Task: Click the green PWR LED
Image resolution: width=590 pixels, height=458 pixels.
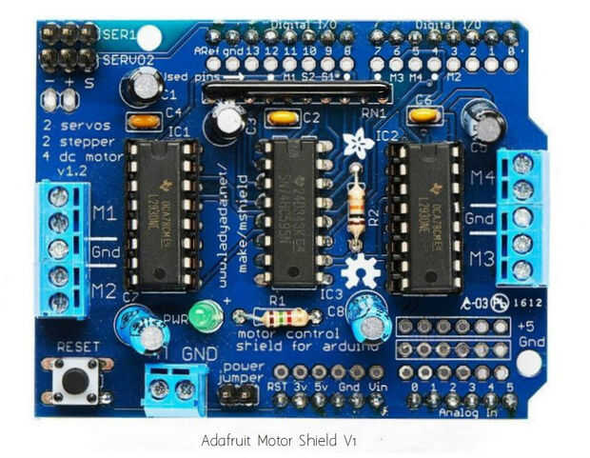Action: coord(202,317)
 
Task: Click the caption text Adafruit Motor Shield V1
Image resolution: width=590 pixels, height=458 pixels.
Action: coord(279,441)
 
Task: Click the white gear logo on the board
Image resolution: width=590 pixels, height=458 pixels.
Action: coord(360,272)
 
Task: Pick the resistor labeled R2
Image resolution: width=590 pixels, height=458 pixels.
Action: coord(356,201)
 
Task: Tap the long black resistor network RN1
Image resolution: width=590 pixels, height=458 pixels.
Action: coord(296,93)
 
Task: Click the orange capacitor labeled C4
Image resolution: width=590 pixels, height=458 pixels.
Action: coord(145,121)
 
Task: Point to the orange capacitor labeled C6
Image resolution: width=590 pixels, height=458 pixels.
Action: coord(423,115)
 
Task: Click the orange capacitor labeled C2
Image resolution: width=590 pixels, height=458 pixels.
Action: coord(283,118)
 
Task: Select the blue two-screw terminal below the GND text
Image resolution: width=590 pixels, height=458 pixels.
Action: coord(172,388)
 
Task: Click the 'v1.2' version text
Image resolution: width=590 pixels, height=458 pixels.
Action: coord(62,172)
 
